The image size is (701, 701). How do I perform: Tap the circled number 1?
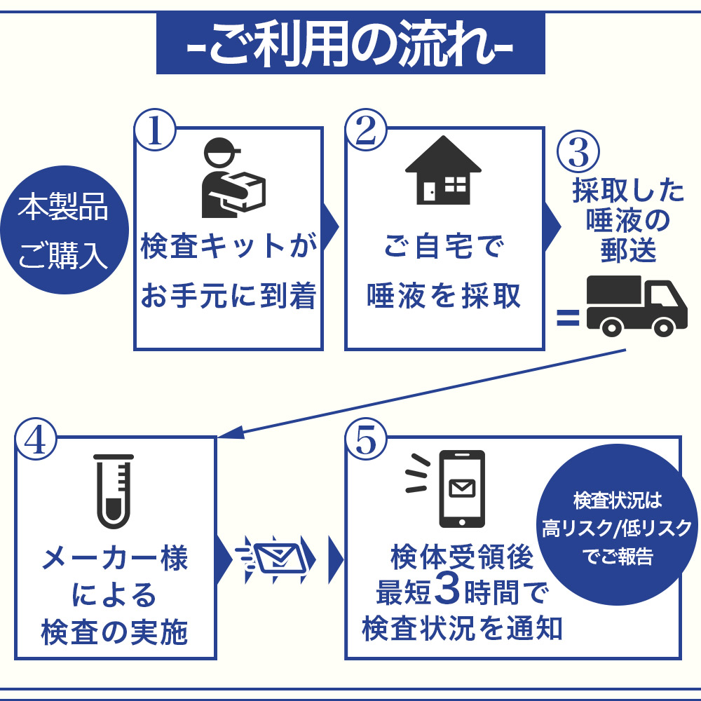[x=156, y=130]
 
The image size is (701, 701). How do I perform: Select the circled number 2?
[x=366, y=130]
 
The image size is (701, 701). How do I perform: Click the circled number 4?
[x=36, y=440]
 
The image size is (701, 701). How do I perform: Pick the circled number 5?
[x=366, y=440]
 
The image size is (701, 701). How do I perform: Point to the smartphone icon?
[x=461, y=489]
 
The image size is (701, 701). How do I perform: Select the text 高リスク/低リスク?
[x=617, y=529]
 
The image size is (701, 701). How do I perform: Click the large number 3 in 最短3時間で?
[x=446, y=591]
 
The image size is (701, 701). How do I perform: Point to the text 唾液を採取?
[x=444, y=297]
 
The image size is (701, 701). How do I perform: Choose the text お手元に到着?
[x=229, y=297]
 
